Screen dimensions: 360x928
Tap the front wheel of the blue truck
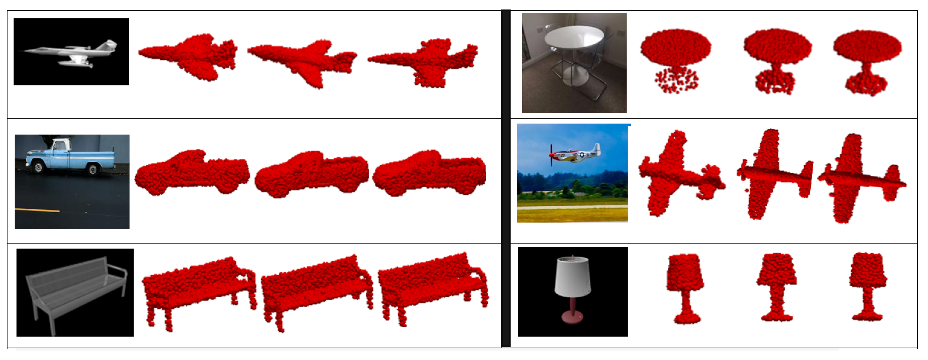(38, 167)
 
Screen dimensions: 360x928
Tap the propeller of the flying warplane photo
(551, 155)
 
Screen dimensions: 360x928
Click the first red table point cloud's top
(676, 47)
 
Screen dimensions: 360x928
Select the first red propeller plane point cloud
(677, 173)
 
